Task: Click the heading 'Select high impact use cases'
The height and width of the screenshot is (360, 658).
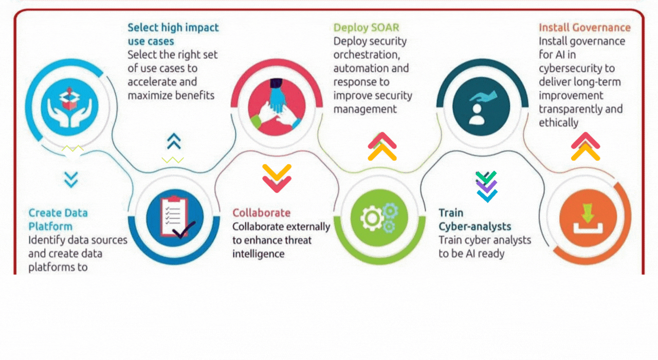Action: click(173, 34)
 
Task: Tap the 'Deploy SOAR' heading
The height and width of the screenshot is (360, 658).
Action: click(366, 27)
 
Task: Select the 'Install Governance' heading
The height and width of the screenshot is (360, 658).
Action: click(584, 27)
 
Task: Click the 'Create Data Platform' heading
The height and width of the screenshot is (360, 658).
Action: click(58, 220)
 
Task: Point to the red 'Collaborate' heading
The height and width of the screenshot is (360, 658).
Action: click(261, 213)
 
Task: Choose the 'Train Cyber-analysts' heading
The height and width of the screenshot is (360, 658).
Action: click(474, 220)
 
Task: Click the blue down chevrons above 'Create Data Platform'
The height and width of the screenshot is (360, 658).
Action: click(71, 179)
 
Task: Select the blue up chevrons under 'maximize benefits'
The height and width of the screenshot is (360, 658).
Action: click(174, 141)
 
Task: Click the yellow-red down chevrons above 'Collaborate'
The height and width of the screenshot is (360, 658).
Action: click(277, 178)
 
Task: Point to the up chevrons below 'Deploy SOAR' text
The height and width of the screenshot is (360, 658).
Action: click(382, 147)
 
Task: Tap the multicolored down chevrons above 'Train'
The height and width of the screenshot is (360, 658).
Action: click(486, 186)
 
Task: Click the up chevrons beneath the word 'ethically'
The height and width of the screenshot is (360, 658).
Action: click(586, 147)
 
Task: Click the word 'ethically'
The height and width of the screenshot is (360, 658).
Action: click(558, 123)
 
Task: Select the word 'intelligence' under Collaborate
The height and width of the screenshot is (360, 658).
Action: click(258, 254)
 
